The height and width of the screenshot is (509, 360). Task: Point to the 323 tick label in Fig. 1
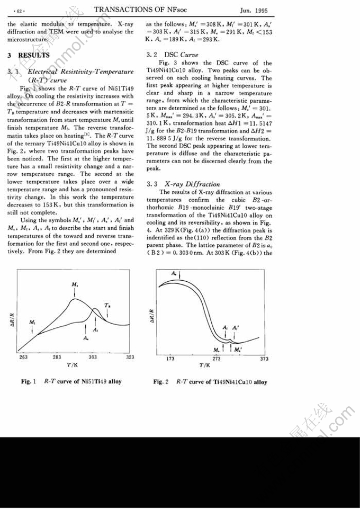pos(130,357)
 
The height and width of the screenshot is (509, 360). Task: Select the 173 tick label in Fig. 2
pos(170,359)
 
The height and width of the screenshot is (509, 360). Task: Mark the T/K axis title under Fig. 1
pos(73,365)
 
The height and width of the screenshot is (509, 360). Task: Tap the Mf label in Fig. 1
pos(32,322)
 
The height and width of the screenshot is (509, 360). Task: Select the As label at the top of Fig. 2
pos(174,272)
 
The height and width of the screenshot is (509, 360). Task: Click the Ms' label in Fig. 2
pos(238,350)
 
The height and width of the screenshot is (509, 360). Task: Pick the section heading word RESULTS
pos(34,55)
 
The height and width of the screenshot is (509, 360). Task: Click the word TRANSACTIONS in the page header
pos(120,10)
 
